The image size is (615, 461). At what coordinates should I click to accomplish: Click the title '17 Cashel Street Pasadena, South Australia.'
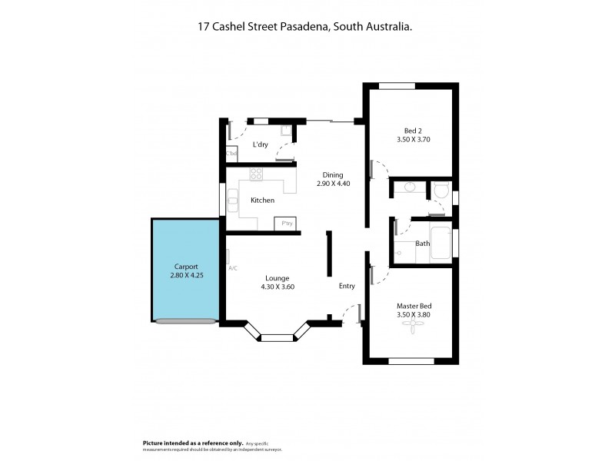[x=307, y=26]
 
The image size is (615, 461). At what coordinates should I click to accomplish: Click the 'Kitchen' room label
[x=262, y=201]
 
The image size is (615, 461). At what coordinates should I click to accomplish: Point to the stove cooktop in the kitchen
[x=256, y=176]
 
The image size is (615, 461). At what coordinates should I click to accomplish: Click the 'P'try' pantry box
[x=288, y=224]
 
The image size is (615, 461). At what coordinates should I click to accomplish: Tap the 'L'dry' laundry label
[x=260, y=144]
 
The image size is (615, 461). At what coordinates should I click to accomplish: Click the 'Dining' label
[x=333, y=175]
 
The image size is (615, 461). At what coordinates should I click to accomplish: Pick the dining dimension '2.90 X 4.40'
[x=333, y=184]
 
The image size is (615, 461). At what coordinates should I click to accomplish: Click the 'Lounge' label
[x=278, y=278]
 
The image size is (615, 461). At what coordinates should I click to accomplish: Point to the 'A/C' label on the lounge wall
[x=233, y=268]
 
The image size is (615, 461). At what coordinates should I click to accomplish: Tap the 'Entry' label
[x=347, y=287]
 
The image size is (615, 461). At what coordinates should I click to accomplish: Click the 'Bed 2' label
[x=412, y=130]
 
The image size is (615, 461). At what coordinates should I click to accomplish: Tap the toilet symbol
[x=441, y=189]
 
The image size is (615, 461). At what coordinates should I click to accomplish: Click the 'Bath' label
[x=423, y=244]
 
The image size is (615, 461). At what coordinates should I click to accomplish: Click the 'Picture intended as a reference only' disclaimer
[x=193, y=443]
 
